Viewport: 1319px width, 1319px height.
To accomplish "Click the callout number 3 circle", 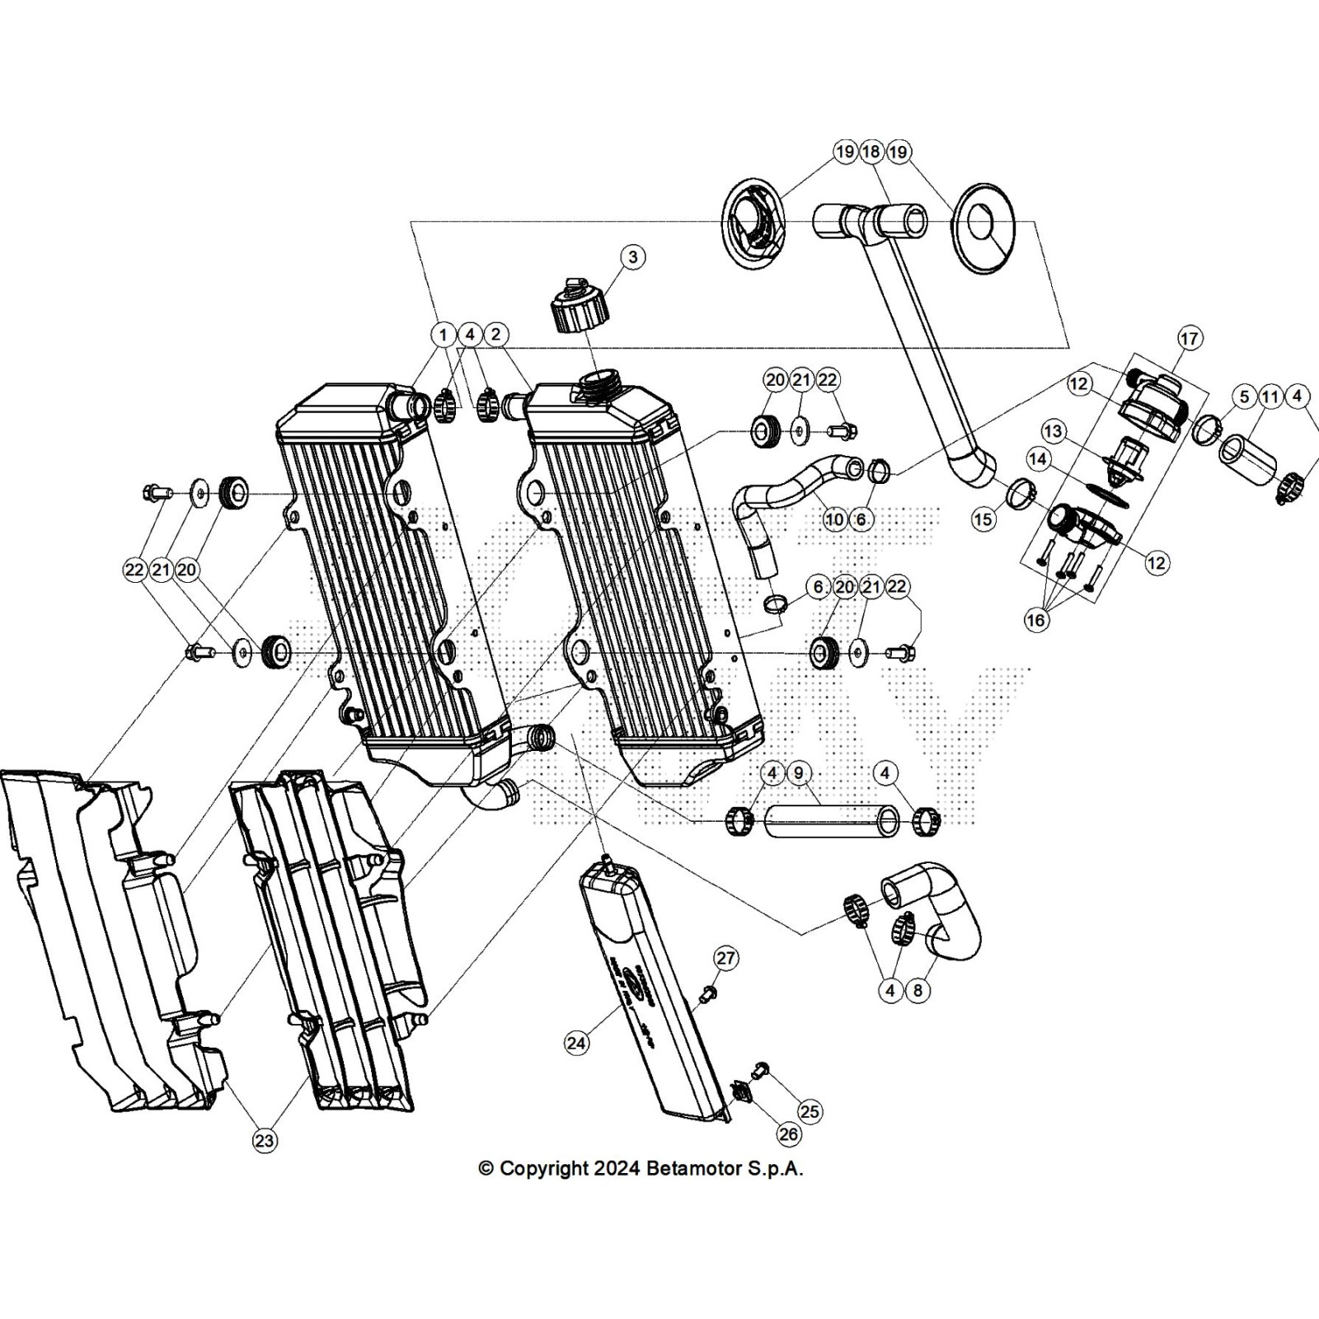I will point(633,257).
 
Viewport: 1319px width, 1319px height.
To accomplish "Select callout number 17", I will point(1189,338).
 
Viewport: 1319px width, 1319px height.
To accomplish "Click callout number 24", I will point(577,1043).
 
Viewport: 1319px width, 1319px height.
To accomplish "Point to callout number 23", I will point(264,1141).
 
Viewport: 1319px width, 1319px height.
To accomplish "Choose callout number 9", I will point(799,773).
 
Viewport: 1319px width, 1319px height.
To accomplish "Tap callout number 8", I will point(918,991).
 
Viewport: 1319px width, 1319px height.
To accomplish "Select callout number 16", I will point(1036,619).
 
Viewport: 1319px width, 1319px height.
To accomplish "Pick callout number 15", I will point(983,519).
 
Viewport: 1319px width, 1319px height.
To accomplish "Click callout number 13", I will point(1053,431).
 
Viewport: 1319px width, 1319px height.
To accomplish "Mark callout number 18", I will point(871,152).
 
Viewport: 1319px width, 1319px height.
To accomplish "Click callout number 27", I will point(725,958).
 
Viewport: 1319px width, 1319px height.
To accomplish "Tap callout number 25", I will point(810,1111).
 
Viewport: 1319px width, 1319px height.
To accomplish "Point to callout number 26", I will point(789,1134).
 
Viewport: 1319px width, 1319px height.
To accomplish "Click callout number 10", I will point(834,519).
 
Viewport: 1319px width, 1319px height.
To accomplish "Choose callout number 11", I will point(1270,397).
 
